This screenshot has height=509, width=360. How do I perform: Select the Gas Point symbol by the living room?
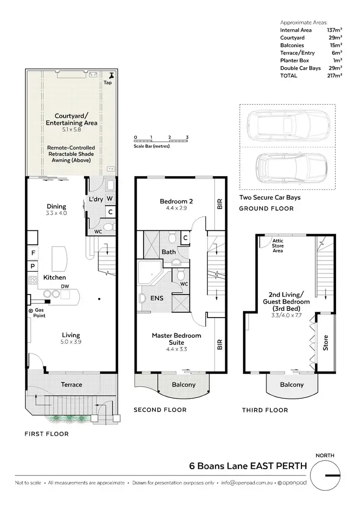coord(30,311)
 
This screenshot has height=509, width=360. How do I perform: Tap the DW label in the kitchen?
coord(64,286)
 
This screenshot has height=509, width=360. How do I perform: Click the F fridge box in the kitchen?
coord(33,252)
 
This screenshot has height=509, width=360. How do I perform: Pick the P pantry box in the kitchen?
coord(33,266)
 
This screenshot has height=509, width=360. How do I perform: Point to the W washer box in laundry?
coord(109,199)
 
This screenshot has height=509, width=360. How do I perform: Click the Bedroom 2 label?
coord(176,201)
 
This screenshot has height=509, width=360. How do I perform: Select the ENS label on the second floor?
coord(156,298)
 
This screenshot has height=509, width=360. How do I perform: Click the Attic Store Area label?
coord(277,246)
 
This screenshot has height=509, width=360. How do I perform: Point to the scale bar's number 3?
coord(187,137)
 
